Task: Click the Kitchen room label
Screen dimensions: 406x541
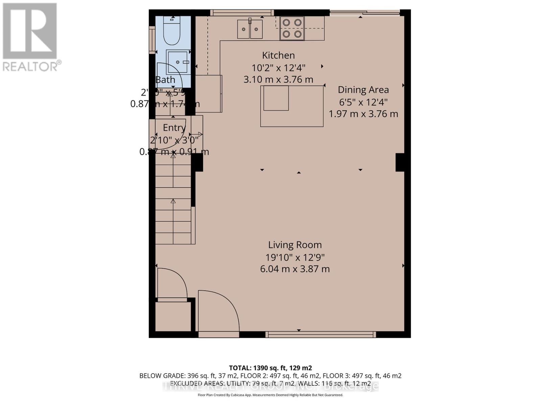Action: point(278,55)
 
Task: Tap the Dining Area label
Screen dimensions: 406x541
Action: point(363,90)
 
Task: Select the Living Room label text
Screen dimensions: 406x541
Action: point(295,245)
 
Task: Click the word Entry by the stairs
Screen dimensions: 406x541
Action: point(174,128)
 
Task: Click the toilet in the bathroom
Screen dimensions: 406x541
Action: point(171,32)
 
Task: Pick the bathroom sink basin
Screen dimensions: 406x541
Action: point(177,62)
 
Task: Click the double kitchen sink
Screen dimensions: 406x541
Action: point(250,29)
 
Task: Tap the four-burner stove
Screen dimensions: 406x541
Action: point(292,28)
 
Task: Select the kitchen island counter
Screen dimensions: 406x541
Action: point(291,106)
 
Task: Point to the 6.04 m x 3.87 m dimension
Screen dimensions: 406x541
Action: point(295,269)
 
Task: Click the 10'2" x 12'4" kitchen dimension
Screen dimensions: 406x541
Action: point(278,68)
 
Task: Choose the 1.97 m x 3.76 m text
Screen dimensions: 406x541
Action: point(363,114)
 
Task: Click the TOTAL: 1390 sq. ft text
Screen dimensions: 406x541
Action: point(270,368)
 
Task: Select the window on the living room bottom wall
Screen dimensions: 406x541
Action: point(320,335)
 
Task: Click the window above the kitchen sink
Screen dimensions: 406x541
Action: point(241,13)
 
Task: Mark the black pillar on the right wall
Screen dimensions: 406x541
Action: point(400,162)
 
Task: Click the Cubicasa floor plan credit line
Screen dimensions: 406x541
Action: point(270,395)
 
